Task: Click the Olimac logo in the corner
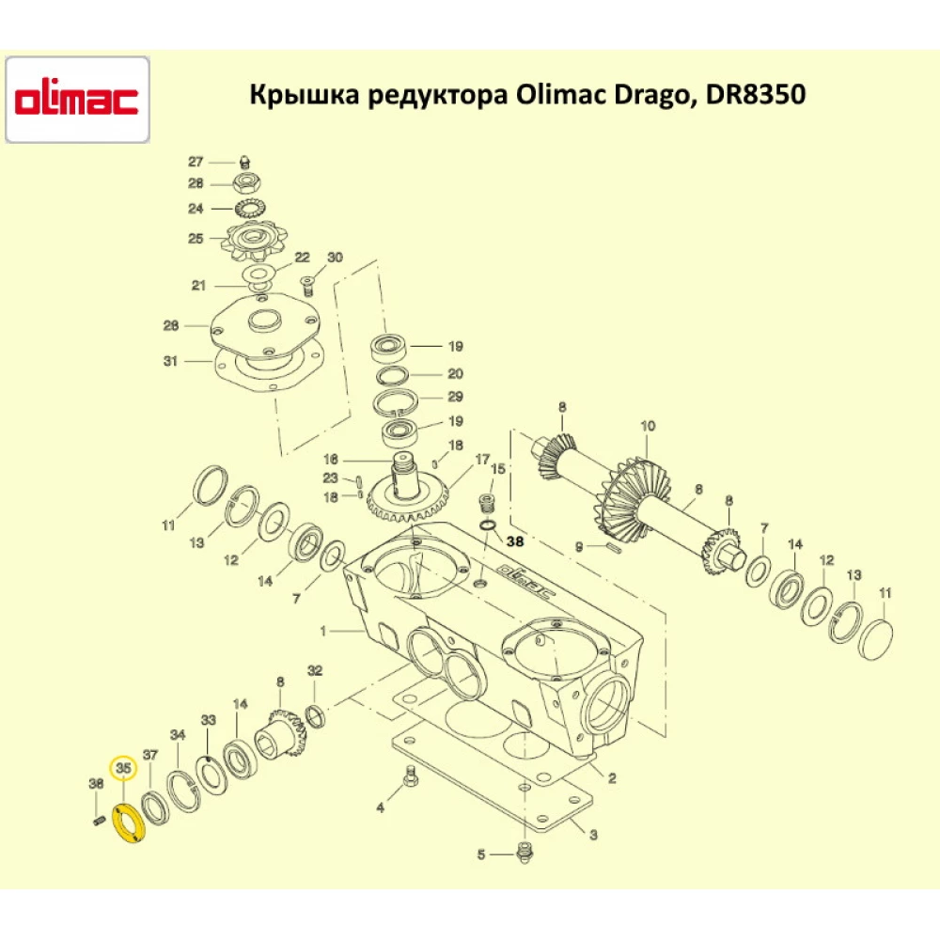(77, 100)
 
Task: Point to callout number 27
(196, 161)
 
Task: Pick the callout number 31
(169, 360)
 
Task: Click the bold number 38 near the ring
(517, 541)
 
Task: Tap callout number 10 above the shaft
(648, 426)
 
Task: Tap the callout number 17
(482, 460)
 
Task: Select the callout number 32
(315, 670)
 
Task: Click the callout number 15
(498, 468)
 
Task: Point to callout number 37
(150, 755)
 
